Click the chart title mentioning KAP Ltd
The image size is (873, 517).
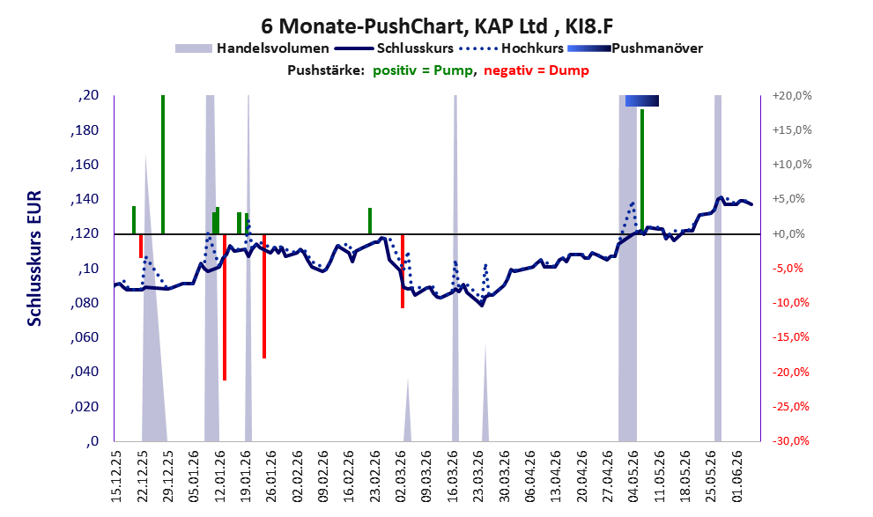click(x=437, y=26)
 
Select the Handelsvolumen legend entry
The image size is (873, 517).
click(x=252, y=48)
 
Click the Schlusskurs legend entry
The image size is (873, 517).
click(x=394, y=48)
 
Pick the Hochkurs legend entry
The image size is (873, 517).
click(x=512, y=48)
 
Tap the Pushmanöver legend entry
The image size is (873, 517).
click(x=635, y=48)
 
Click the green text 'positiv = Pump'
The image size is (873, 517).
click(x=424, y=70)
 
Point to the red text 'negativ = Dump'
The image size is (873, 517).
click(x=536, y=70)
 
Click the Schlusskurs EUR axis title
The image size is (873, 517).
click(x=34, y=258)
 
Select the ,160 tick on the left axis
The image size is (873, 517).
click(x=85, y=165)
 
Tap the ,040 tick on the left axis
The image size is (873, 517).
click(x=85, y=372)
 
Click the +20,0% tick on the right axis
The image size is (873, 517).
click(x=792, y=96)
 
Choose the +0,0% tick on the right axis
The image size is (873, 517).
click(x=789, y=233)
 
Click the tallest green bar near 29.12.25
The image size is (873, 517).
click(x=163, y=164)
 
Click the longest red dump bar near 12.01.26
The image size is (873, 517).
click(x=225, y=307)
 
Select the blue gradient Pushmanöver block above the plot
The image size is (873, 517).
click(x=642, y=100)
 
